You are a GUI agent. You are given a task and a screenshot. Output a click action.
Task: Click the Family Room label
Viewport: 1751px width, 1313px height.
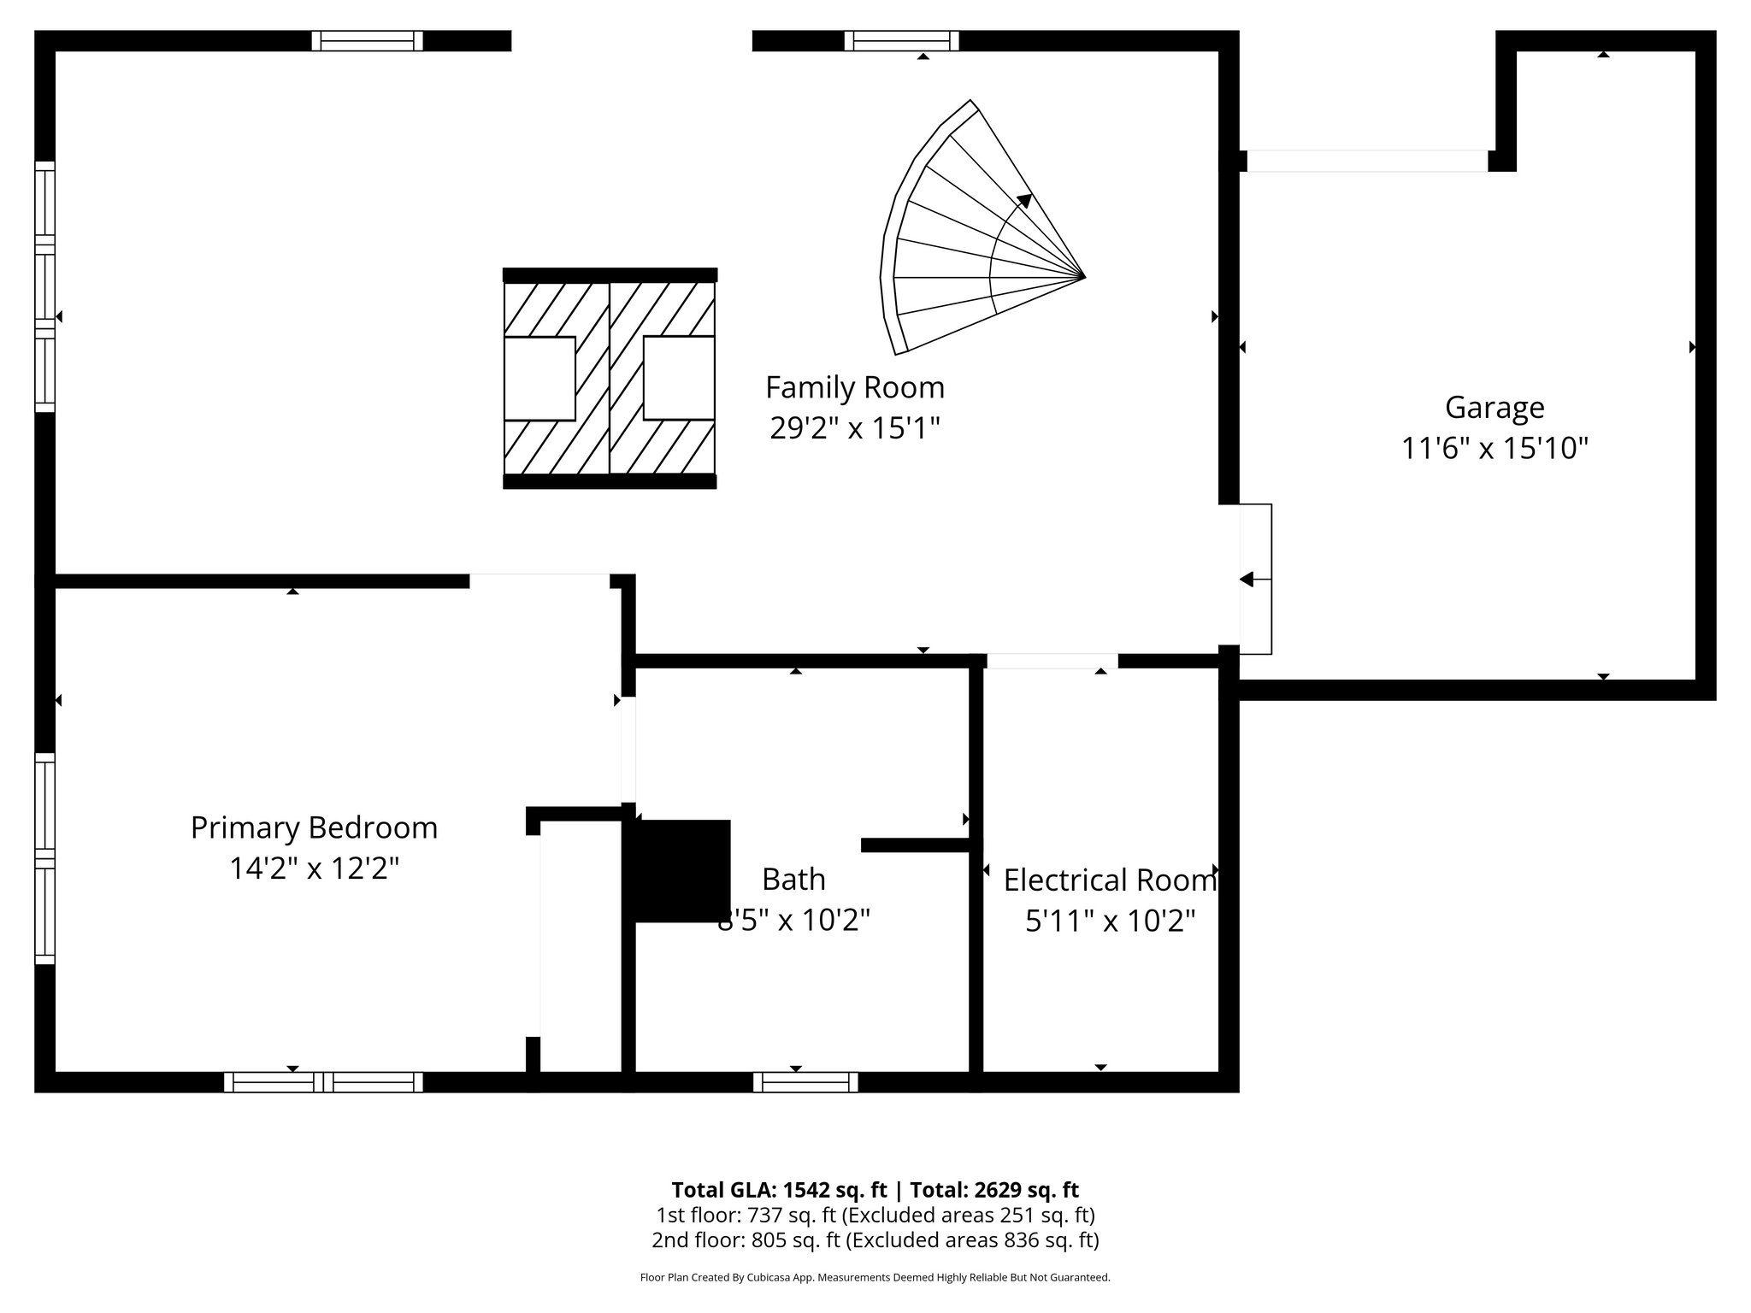[854, 388]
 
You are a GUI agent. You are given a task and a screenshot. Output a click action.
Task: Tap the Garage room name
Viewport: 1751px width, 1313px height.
[1495, 408]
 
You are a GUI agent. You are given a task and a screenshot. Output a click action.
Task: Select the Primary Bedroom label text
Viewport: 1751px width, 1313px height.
[314, 828]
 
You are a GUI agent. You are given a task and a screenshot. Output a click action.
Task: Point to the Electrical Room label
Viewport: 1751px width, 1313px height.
[1110, 880]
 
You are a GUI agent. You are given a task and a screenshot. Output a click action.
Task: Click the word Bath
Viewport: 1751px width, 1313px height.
[793, 880]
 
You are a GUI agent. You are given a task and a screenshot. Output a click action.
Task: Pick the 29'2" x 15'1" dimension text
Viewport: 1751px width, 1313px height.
[854, 428]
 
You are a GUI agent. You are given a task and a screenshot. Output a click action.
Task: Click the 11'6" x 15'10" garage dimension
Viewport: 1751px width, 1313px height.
[1495, 448]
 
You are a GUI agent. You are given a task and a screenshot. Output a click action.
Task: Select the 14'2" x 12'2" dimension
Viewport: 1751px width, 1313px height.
[314, 869]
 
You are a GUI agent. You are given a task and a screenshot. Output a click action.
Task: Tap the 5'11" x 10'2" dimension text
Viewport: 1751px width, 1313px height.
[1110, 921]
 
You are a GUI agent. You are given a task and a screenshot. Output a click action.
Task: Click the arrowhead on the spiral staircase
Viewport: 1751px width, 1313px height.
[1024, 200]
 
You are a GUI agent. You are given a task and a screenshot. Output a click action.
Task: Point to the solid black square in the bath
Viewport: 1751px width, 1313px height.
[682, 870]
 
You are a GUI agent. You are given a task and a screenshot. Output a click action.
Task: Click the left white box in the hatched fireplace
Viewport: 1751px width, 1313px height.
[539, 379]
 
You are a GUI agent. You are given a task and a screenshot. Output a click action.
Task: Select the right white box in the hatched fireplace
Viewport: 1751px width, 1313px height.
[679, 378]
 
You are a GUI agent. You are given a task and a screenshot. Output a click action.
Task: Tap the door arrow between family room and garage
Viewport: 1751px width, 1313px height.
[1247, 580]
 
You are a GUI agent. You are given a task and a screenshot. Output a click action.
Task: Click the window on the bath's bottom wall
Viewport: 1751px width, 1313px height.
[805, 1082]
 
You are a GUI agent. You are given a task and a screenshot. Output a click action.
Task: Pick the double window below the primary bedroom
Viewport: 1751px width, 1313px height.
[323, 1082]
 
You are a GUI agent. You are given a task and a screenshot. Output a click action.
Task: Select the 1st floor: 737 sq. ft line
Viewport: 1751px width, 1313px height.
[875, 1215]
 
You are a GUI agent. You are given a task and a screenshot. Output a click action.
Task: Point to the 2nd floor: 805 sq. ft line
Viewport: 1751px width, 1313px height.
[875, 1239]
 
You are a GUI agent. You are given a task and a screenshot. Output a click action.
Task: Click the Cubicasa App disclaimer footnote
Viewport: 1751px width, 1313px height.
[875, 1278]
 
